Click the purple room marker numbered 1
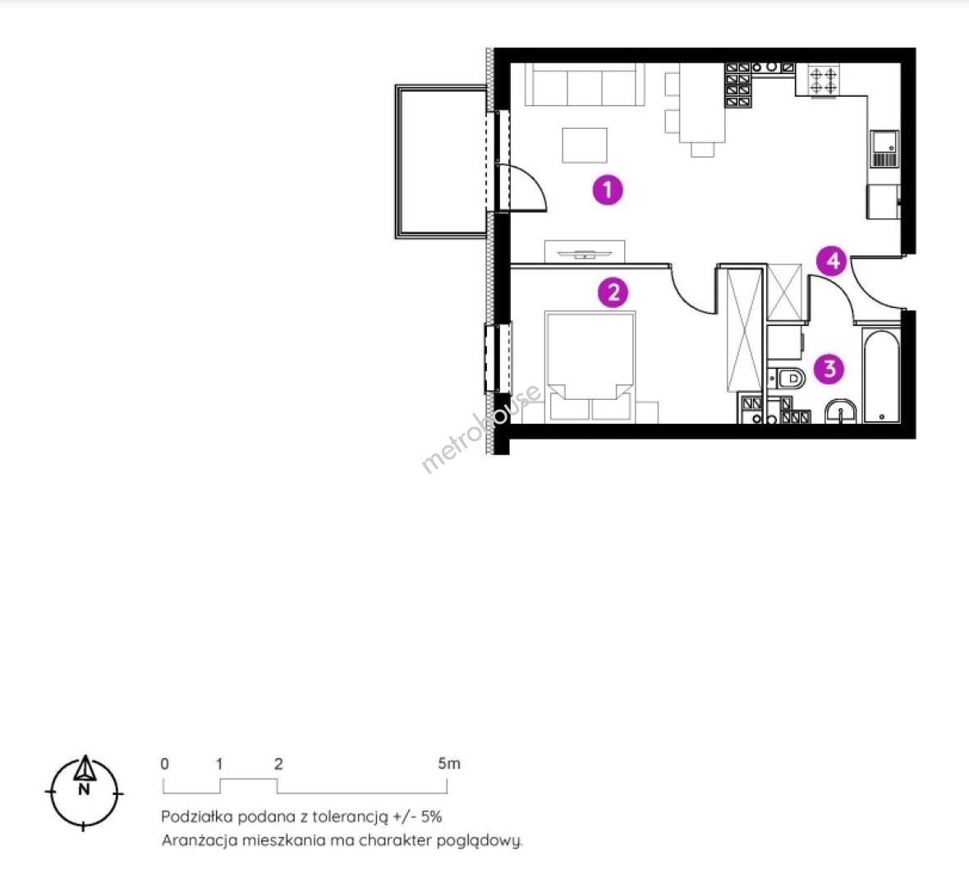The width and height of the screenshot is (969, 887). pyautogui.click(x=608, y=189)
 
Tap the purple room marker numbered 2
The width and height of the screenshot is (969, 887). pyautogui.click(x=613, y=292)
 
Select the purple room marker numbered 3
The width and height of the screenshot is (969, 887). pyautogui.click(x=829, y=369)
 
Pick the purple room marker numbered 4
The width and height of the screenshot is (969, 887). pyautogui.click(x=833, y=261)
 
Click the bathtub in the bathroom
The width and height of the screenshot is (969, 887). pyautogui.click(x=881, y=376)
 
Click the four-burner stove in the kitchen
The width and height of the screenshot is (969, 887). pyautogui.click(x=823, y=80)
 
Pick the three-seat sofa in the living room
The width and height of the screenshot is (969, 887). pyautogui.click(x=585, y=84)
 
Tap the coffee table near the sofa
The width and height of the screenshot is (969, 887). pyautogui.click(x=585, y=145)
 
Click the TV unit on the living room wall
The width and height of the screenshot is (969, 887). pyautogui.click(x=585, y=251)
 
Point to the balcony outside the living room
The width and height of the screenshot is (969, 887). pyautogui.click(x=442, y=161)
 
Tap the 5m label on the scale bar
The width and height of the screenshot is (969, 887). pyautogui.click(x=449, y=763)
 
